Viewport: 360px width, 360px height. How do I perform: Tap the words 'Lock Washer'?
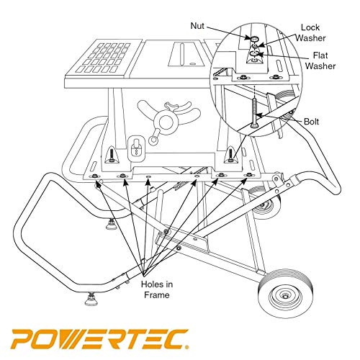[314, 32]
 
